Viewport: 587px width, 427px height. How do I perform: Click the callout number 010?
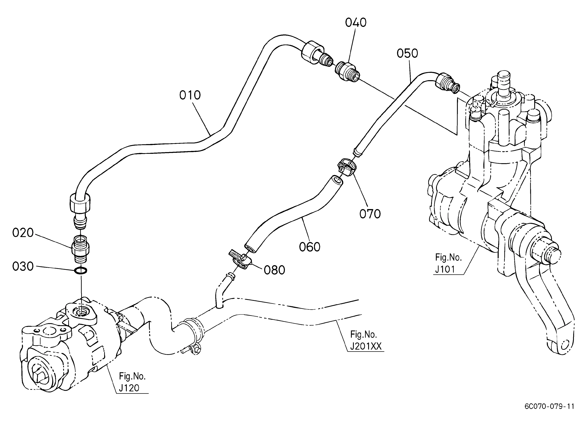point(190,95)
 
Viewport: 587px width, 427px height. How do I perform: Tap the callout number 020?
point(23,233)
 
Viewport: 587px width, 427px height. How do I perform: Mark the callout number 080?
point(274,270)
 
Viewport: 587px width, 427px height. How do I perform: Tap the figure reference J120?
point(129,388)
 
